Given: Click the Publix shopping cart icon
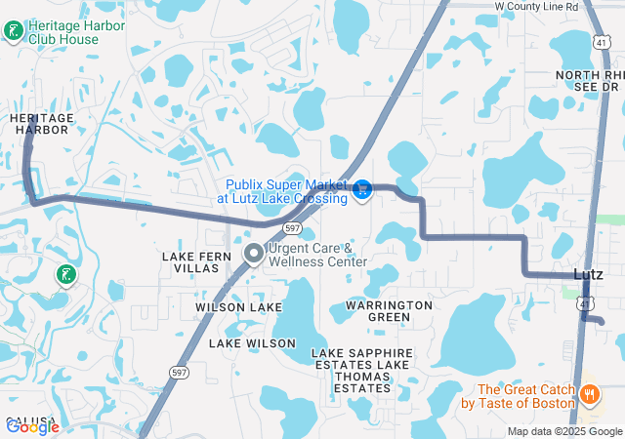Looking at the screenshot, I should pyautogui.click(x=362, y=189).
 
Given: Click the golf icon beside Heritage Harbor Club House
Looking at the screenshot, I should pyautogui.click(x=13, y=32).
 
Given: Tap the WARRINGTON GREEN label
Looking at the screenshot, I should pyautogui.click(x=389, y=311).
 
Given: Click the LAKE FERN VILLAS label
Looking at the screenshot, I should pyautogui.click(x=190, y=261).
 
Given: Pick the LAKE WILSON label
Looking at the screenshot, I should pyautogui.click(x=252, y=343).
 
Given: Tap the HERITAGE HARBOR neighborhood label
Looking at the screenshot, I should pyautogui.click(x=42, y=123).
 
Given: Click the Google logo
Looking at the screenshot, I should pyautogui.click(x=32, y=426).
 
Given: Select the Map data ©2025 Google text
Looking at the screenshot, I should pyautogui.click(x=564, y=431).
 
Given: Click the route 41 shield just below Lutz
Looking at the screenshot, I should pyautogui.click(x=583, y=304).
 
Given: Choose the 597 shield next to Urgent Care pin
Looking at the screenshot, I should pyautogui.click(x=292, y=227).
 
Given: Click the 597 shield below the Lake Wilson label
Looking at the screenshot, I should pyautogui.click(x=179, y=372).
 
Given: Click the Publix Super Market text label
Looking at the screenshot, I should pyautogui.click(x=287, y=191).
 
